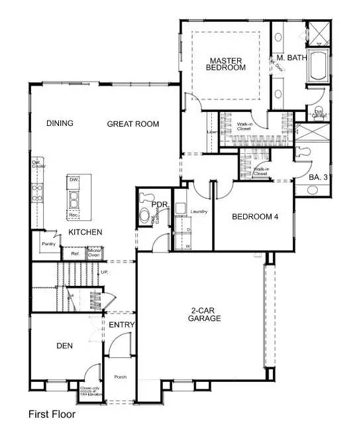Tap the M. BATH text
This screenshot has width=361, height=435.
tap(291, 58)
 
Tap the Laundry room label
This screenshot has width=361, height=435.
tap(199, 212)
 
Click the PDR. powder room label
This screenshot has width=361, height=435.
tap(160, 206)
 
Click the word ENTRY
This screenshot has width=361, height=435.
tap(122, 324)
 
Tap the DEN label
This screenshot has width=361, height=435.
tap(64, 345)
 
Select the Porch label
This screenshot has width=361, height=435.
tap(120, 377)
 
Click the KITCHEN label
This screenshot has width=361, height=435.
tap(85, 232)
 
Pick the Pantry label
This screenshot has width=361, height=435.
tap(47, 244)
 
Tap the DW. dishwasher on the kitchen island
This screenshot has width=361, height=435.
tap(74, 180)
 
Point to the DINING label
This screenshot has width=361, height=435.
tap(60, 123)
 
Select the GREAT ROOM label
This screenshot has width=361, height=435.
tap(133, 123)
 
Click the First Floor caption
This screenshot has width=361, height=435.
tap(52, 414)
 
